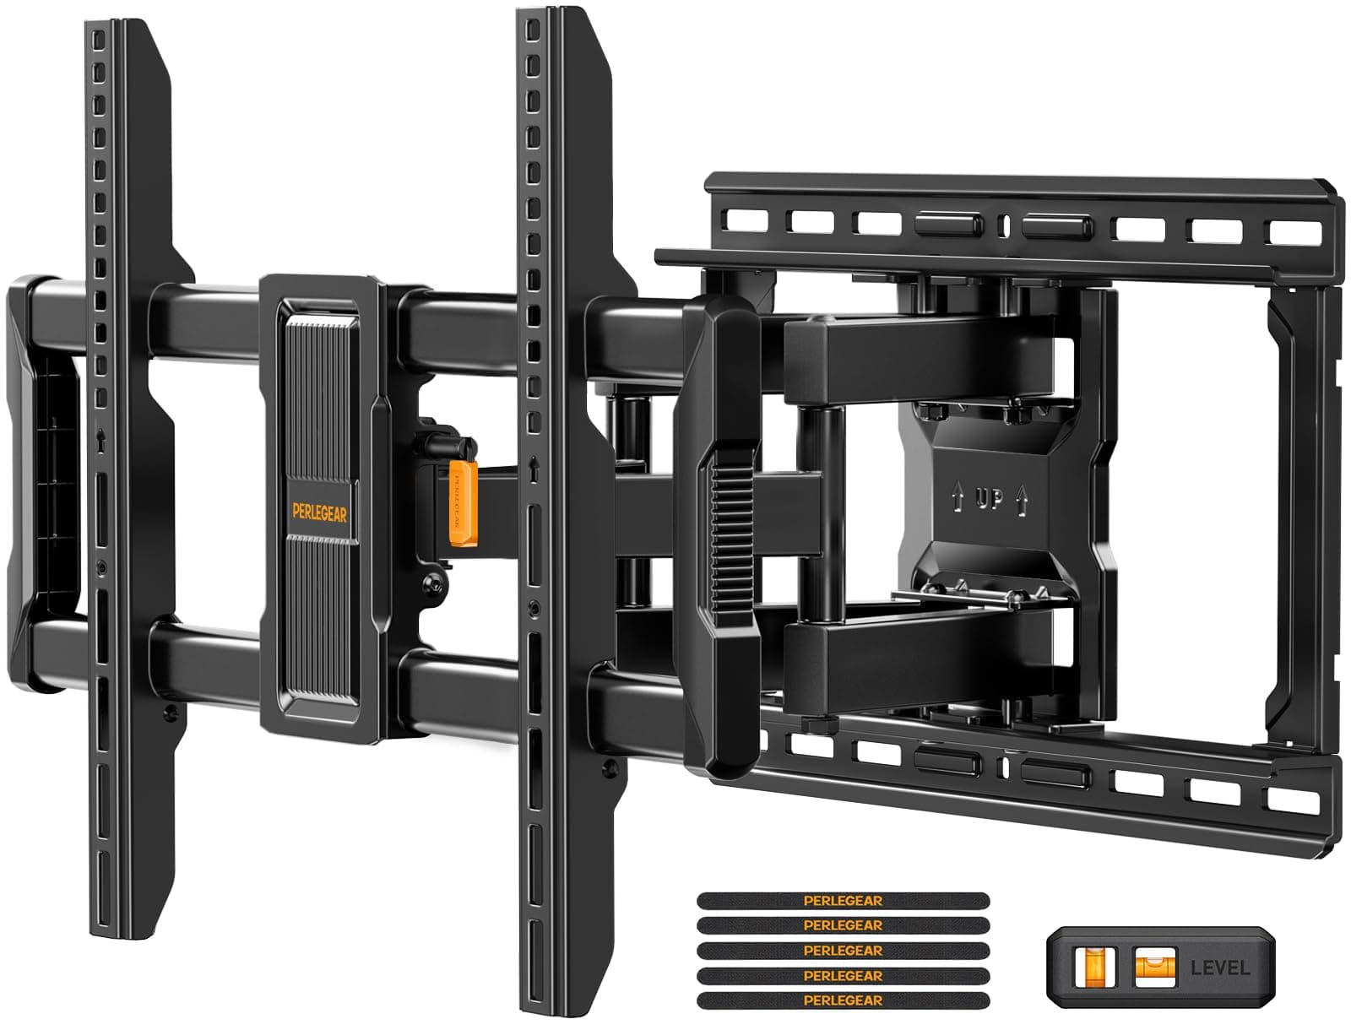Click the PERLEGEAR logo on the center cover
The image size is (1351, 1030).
(x=320, y=512)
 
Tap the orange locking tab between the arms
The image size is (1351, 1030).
(x=459, y=504)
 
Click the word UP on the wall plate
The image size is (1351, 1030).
(x=990, y=499)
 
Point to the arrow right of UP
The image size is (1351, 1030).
(x=1022, y=503)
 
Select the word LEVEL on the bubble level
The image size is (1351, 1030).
(x=1219, y=968)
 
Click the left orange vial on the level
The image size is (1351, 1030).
(x=1094, y=966)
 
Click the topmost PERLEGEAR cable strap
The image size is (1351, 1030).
(x=843, y=901)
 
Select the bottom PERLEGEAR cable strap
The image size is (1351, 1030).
(x=843, y=1000)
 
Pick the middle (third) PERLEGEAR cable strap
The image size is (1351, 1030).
(x=843, y=951)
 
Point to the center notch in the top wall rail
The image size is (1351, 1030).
(x=1003, y=225)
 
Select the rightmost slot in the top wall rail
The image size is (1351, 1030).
(x=1295, y=233)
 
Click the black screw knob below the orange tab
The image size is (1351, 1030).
(x=433, y=583)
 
